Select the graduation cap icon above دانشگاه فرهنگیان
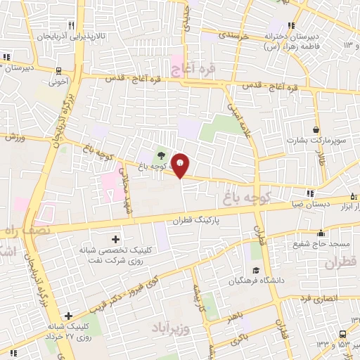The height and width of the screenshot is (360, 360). tap(256, 271)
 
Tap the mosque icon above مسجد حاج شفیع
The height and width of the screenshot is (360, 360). tap(321, 233)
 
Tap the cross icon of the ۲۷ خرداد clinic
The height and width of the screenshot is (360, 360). tap(67, 316)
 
